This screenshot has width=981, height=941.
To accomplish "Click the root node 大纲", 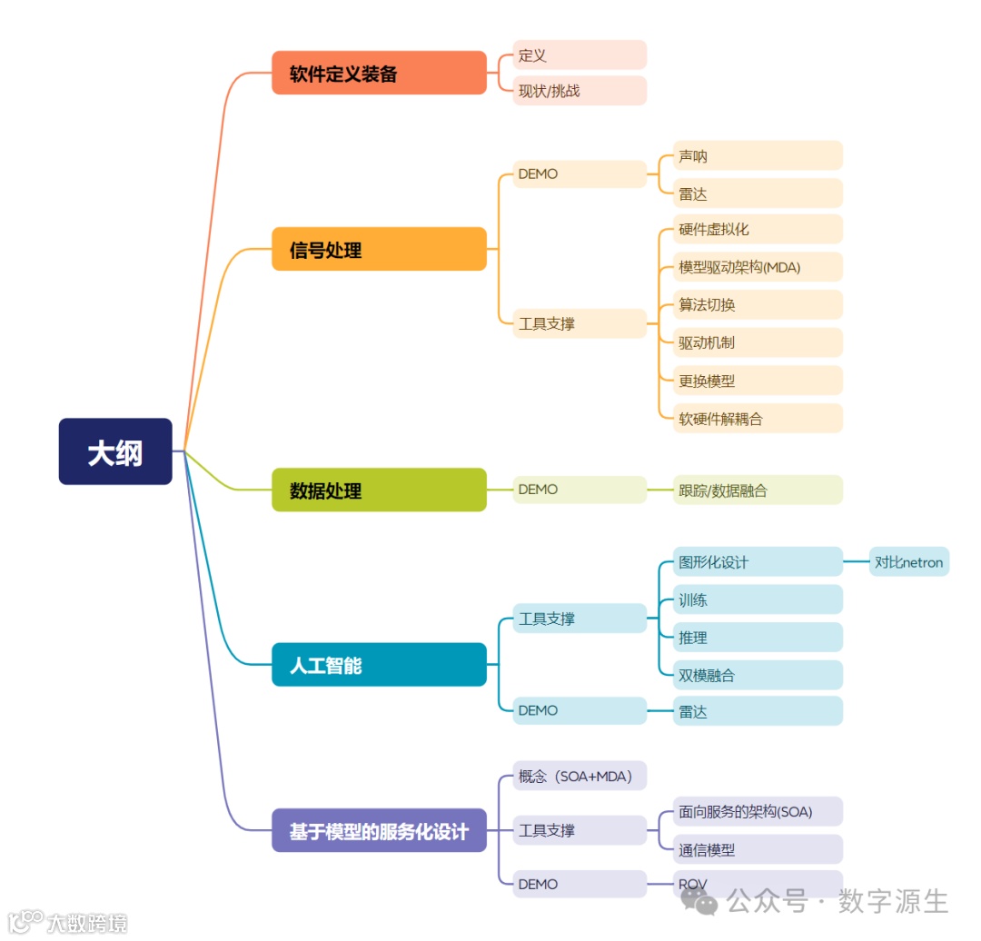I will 115,451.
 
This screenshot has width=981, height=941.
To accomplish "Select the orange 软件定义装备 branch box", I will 379,73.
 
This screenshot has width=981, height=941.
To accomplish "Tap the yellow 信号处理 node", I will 379,249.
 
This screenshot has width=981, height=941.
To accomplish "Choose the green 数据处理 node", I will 379,490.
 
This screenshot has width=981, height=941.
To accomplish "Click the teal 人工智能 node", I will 379,665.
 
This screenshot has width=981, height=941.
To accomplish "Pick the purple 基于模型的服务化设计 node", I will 379,830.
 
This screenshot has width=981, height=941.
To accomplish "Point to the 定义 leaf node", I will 579,54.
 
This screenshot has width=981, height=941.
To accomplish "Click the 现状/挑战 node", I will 579,90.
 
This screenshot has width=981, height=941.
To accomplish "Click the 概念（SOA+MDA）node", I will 580,776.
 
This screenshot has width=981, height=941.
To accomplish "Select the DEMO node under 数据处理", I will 579,490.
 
